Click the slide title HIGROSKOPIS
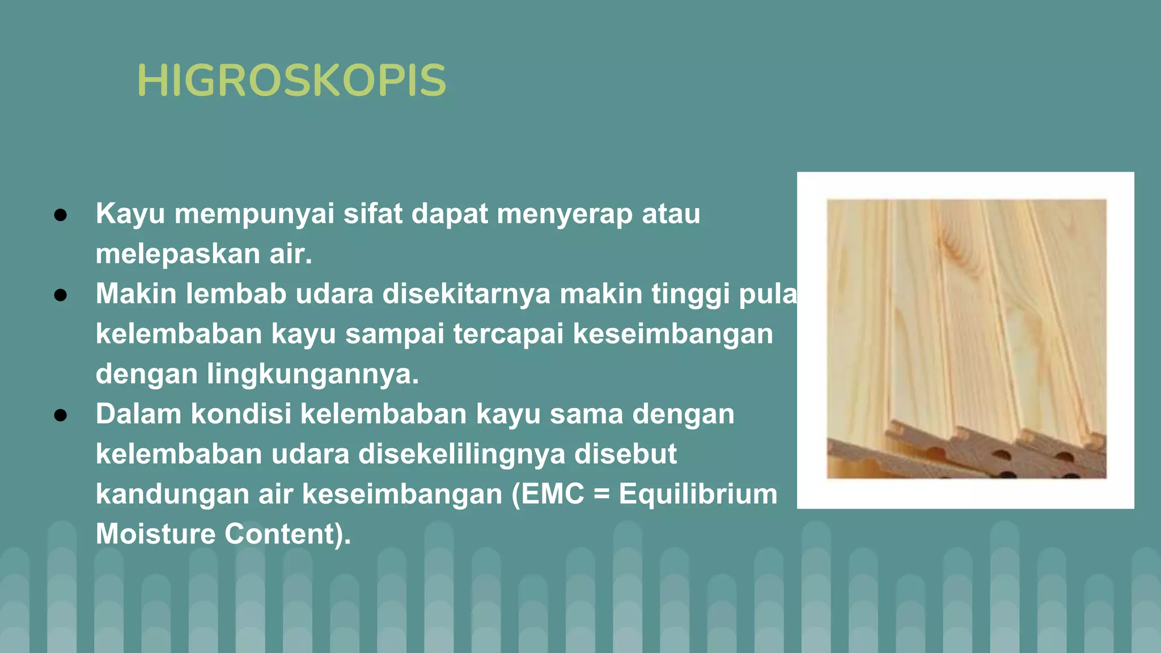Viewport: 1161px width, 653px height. tap(291, 80)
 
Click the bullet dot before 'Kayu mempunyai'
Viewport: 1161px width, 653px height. tap(61, 215)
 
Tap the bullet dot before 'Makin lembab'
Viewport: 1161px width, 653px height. tap(61, 295)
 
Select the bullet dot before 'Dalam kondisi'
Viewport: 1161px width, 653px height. tap(61, 415)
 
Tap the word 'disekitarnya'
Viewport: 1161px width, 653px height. tap(466, 294)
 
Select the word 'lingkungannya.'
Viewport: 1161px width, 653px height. tap(313, 374)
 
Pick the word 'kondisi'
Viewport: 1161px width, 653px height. tap(241, 414)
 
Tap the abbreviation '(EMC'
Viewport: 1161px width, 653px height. tap(548, 494)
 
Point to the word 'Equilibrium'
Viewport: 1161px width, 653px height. tap(698, 494)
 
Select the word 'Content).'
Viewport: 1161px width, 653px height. tap(288, 534)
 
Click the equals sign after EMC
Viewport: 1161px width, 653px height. tap(601, 494)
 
